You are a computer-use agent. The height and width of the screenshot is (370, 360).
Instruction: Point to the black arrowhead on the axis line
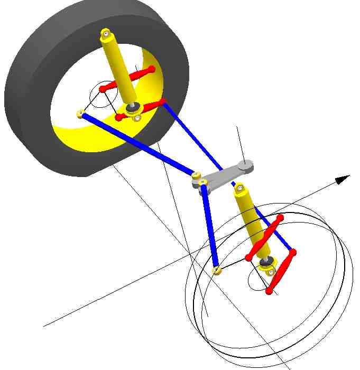[343, 179]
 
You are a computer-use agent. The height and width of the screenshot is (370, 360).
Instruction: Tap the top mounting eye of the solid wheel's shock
[107, 34]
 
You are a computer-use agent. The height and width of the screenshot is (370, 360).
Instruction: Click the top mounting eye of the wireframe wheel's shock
[241, 188]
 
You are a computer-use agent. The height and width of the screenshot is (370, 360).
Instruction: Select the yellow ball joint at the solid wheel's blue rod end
[81, 113]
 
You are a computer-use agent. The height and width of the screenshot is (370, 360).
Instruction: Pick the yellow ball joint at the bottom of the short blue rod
[216, 271]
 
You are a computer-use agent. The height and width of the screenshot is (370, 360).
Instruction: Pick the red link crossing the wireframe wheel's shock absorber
[264, 237]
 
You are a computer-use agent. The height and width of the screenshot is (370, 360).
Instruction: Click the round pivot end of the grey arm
[245, 166]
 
